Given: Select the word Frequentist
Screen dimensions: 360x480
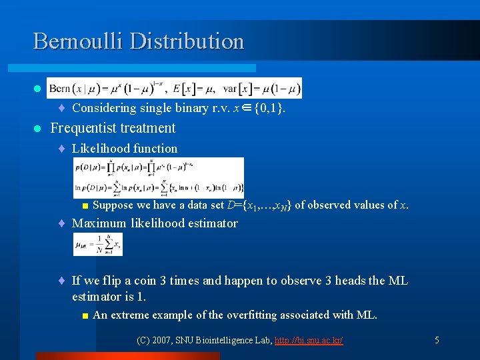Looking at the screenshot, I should (82, 128).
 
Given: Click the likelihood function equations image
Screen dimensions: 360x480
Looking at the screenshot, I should (159, 177).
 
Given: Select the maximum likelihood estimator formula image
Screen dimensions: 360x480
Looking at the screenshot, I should (98, 244).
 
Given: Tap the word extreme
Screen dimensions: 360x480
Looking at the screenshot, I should (129, 315).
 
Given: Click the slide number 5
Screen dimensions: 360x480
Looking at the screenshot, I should (437, 340).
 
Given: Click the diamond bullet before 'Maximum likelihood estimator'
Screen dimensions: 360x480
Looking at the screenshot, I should (61, 224).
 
